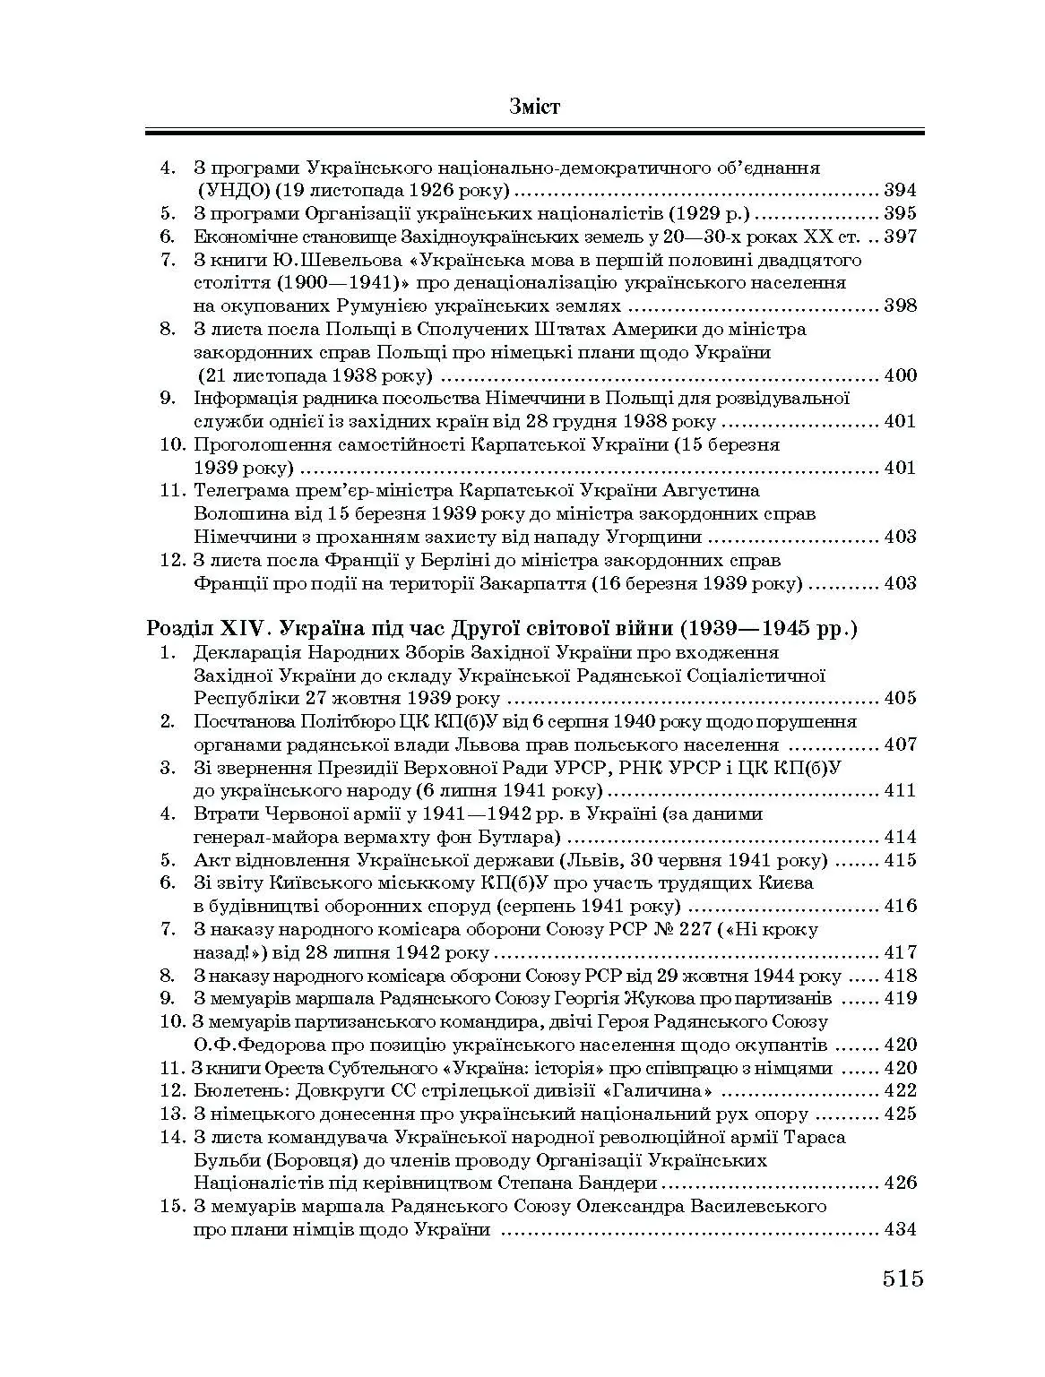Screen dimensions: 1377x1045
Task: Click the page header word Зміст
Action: coord(534,108)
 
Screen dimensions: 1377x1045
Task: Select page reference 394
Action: coord(900,190)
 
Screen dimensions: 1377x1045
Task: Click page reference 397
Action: coord(900,237)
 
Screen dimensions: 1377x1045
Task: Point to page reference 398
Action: coord(900,306)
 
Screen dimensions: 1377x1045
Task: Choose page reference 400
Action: coord(900,375)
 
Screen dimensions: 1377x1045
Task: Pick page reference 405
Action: coord(900,698)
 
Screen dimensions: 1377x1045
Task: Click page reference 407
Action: coord(900,744)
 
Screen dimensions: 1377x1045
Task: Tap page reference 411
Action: coord(900,790)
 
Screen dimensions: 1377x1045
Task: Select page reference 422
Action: coord(900,1090)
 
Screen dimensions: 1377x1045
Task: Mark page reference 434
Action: coord(900,1229)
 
